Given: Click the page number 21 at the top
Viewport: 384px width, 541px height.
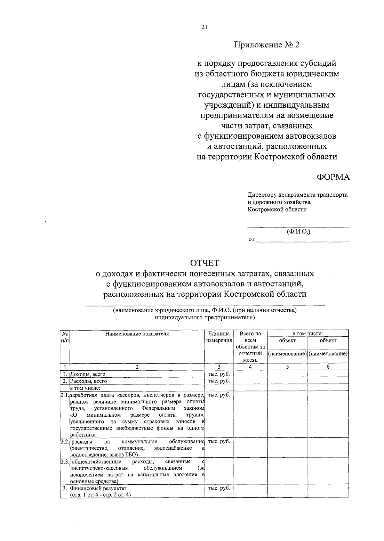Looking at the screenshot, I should tap(204, 27).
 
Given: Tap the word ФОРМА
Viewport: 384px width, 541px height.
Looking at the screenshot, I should tap(333, 177).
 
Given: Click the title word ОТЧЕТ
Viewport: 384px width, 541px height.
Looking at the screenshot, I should tap(204, 263).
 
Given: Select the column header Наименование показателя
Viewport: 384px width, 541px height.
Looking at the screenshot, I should tap(137, 334).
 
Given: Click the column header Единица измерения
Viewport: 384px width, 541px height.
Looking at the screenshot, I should tap(219, 337).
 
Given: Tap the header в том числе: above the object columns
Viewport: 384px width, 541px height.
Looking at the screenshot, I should tap(308, 333).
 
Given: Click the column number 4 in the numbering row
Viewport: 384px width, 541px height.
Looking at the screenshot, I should tap(250, 367).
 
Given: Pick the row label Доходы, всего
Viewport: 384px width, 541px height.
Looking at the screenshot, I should tap(88, 374).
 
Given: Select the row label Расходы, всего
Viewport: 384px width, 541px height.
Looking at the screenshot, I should tap(88, 381).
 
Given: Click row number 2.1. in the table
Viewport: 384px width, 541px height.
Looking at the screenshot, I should tap(65, 395).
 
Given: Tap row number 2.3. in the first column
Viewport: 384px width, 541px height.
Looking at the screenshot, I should tap(65, 462).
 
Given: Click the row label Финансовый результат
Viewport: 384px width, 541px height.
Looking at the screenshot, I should tap(99, 488).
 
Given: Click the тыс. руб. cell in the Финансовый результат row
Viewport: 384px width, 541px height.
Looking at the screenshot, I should tap(219, 488).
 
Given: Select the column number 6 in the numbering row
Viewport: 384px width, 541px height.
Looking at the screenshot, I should tap(328, 367).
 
